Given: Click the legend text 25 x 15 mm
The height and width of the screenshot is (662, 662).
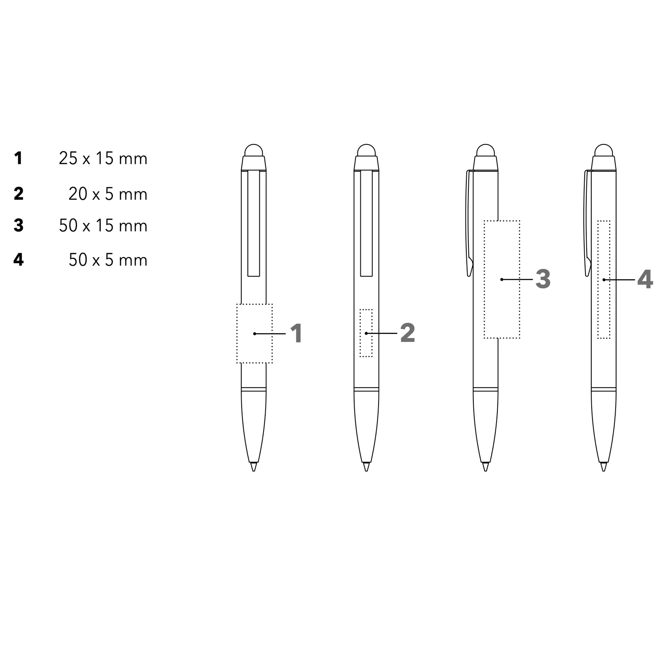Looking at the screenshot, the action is pyautogui.click(x=103, y=158).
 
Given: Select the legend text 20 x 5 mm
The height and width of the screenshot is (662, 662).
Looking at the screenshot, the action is pyautogui.click(x=108, y=194).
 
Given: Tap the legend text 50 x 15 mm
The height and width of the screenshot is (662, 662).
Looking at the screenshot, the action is pyautogui.click(x=103, y=225).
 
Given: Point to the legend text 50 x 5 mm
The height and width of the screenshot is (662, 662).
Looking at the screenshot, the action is pyautogui.click(x=108, y=260).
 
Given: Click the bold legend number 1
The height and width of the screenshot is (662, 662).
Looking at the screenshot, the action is pyautogui.click(x=18, y=158).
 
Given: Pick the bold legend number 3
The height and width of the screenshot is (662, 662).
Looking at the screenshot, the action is pyautogui.click(x=19, y=225).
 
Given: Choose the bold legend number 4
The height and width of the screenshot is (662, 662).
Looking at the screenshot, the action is pyautogui.click(x=19, y=259).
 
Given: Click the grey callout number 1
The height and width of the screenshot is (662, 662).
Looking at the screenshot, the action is pyautogui.click(x=296, y=333).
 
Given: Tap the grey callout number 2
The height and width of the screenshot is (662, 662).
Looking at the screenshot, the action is pyautogui.click(x=408, y=333).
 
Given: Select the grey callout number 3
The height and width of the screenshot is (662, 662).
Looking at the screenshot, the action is pyautogui.click(x=543, y=279).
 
